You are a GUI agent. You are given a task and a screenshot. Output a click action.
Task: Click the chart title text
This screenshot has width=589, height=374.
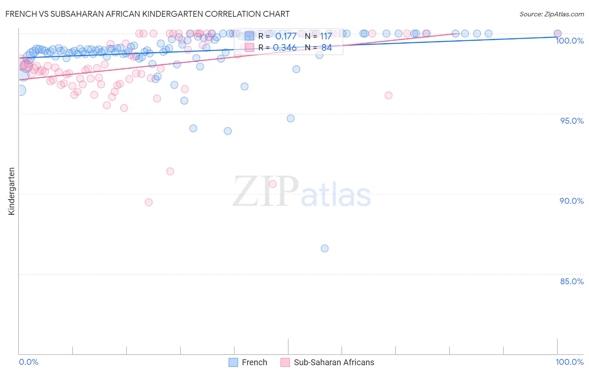point(147,14)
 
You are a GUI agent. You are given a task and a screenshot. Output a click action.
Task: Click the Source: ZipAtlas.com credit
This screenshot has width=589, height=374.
point(551,14)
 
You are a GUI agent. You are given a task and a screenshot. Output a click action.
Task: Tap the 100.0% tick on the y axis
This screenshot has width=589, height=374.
point(569,41)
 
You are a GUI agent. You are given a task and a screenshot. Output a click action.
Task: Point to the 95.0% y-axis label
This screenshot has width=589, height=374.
point(572,121)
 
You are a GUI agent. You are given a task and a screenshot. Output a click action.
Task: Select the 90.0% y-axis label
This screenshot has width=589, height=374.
point(572,201)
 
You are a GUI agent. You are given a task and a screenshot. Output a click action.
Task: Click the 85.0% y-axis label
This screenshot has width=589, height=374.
point(572,281)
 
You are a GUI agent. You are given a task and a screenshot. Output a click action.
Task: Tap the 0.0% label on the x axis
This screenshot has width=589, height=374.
point(28,362)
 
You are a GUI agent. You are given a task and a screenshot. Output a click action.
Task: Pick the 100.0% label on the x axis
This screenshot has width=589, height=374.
point(569,362)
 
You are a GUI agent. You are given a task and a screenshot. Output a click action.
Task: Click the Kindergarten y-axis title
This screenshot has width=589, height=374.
point(12,191)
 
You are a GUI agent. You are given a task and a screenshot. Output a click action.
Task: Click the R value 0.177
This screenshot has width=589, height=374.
point(286,36)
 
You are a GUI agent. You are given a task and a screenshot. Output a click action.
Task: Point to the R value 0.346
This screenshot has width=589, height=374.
point(285,48)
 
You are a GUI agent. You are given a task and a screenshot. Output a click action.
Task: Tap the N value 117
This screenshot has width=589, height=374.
point(326,36)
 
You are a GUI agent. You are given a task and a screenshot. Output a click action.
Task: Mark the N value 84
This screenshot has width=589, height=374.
point(326,48)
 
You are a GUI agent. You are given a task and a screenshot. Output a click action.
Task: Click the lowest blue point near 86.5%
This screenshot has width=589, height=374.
point(325,248)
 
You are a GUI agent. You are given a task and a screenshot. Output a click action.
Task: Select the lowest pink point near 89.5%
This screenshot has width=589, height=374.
point(149,202)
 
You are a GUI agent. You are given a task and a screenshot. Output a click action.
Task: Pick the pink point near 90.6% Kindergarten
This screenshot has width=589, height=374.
point(273,184)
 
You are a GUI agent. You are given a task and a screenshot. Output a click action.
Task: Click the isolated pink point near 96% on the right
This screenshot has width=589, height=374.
point(388,95)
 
